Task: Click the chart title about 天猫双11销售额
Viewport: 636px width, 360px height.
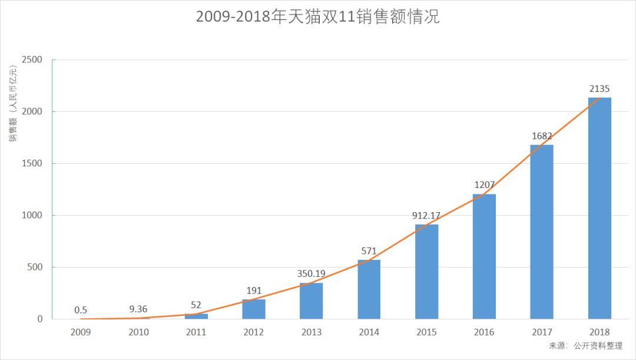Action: tap(317, 17)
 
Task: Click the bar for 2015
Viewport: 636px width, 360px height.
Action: tap(426, 272)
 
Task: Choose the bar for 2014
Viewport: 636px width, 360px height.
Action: tap(369, 289)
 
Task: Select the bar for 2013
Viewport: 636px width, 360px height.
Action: tap(312, 300)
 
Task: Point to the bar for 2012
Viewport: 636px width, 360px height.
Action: tap(254, 309)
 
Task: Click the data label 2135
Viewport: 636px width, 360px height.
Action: tap(599, 89)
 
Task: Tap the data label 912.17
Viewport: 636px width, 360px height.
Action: tap(426, 216)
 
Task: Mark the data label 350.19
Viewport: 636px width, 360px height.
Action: tap(312, 273)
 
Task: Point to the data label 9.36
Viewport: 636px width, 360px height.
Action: tap(138, 309)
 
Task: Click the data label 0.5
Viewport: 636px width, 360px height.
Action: tap(81, 310)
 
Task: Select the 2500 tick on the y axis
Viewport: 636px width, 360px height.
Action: tap(32, 60)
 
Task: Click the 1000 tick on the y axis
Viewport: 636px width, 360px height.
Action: tap(32, 216)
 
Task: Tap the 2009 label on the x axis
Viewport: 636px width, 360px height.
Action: tap(81, 332)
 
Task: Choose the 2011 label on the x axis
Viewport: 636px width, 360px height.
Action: tap(196, 332)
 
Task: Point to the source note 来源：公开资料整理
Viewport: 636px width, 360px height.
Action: tap(585, 346)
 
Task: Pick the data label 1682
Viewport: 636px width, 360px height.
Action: tap(542, 136)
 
